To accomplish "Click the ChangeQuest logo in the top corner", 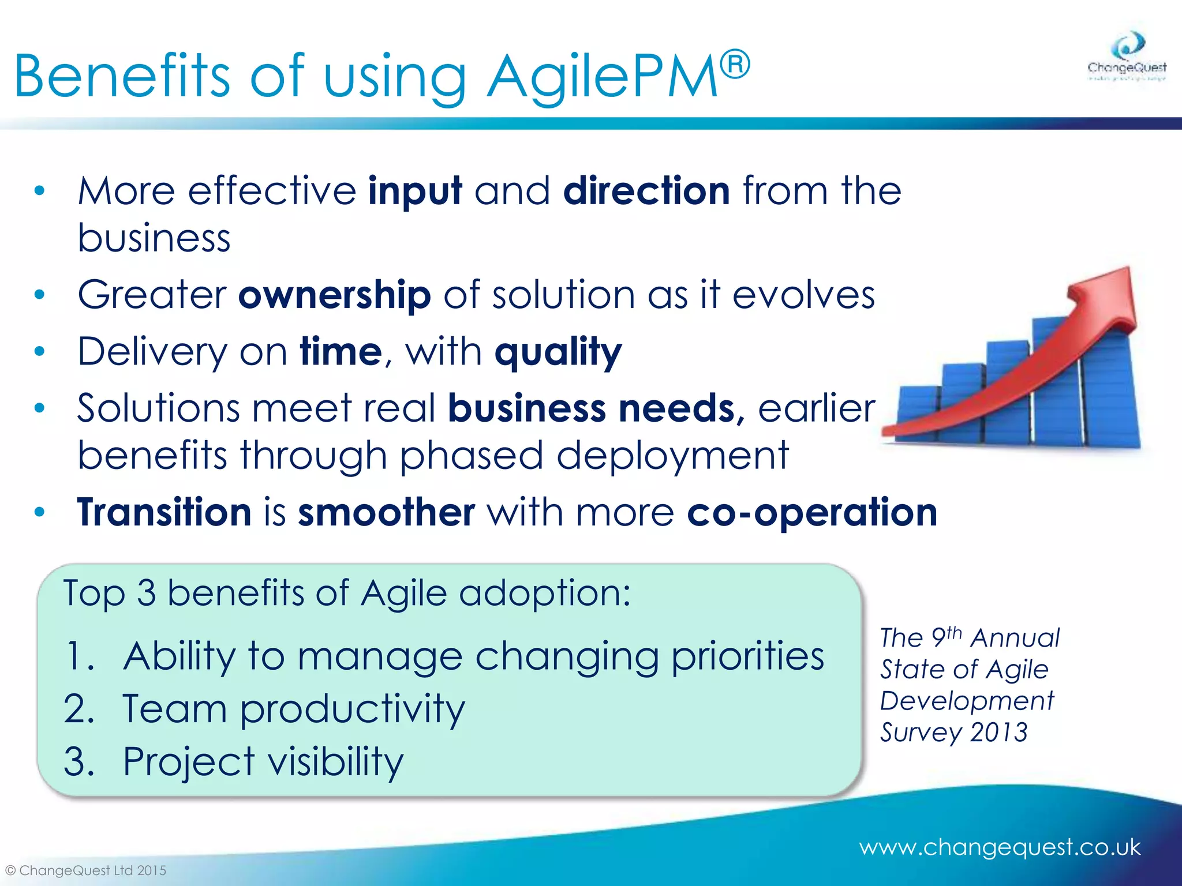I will pos(1127,58).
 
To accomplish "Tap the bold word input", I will pos(415,192).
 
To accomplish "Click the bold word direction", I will pos(646,190).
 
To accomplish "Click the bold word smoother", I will pos(386,512).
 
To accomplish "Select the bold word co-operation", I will pos(812,512).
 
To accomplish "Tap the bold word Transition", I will pos(164,512).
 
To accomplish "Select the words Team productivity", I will pos(293,709).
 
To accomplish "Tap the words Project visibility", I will pos(263,761).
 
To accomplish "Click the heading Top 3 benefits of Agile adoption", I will pos(346,593).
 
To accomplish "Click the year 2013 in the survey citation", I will pos(999,733).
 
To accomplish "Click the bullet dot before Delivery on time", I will pos(39,351).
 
